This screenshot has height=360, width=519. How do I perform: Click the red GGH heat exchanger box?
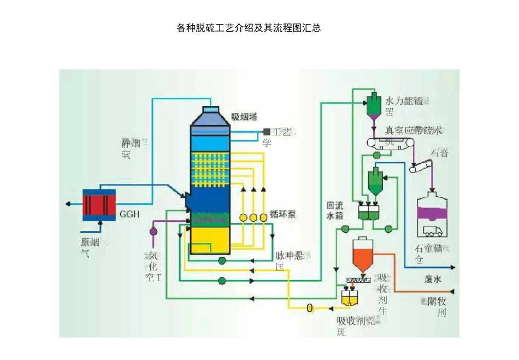[99, 205]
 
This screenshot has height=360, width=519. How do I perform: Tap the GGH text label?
[129, 214]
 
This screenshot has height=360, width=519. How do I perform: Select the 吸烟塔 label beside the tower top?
[244, 116]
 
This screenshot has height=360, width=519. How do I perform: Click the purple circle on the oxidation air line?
[153, 231]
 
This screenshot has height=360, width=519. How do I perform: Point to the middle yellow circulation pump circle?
[253, 217]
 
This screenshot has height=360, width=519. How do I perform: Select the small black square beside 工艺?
[267, 132]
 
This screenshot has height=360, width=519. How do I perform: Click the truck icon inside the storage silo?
[432, 231]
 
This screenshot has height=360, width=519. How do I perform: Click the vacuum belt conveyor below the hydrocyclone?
[391, 143]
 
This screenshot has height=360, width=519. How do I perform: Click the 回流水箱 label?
[334, 211]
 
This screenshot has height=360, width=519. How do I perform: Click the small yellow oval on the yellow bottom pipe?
[310, 308]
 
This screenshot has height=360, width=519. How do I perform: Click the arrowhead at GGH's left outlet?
[68, 204]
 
